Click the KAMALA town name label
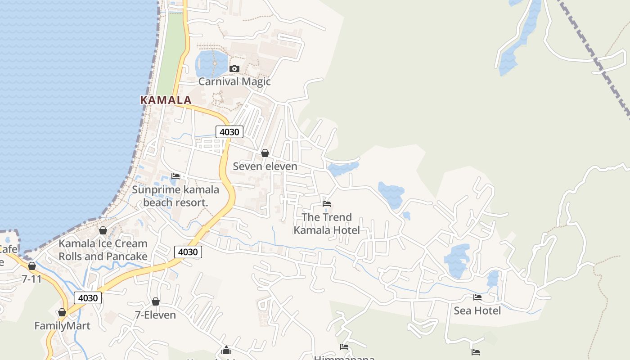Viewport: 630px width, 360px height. coord(166,100)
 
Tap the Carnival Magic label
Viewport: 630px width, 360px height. coord(234,81)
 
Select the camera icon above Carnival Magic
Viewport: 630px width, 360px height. coord(234,69)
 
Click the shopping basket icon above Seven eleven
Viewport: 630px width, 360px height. coord(265,153)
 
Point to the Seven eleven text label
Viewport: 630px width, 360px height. coord(265,166)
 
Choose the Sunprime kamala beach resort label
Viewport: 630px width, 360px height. coord(175,196)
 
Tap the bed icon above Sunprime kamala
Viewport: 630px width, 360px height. coord(175,176)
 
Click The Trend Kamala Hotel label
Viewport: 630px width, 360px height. coord(327,224)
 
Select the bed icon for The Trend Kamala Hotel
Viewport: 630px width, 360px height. coord(327,204)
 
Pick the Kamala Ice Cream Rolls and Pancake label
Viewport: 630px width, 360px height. coord(103,250)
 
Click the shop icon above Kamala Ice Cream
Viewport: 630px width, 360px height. coord(103,230)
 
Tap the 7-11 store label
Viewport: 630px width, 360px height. coord(31,279)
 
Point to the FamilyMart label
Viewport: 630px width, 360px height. coord(62,325)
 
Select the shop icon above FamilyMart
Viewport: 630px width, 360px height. coord(62,312)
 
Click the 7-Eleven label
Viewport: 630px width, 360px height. coord(155,315)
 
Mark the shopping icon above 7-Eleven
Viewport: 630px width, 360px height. coord(155,301)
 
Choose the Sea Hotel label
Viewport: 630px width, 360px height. coord(477,310)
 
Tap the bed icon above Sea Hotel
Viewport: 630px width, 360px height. coord(477,297)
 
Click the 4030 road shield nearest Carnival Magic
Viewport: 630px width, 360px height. coord(229,132)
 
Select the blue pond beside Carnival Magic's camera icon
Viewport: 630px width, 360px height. coord(211,63)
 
